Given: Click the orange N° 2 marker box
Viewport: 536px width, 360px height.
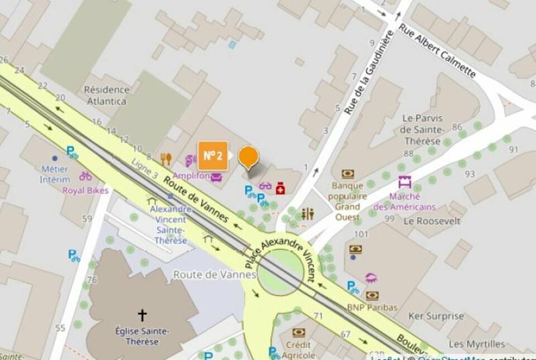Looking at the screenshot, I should [212, 156].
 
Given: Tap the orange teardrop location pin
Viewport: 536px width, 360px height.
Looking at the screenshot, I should [249, 158].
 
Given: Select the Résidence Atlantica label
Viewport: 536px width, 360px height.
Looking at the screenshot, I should [107, 95].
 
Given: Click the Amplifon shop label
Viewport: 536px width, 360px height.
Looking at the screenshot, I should [191, 175].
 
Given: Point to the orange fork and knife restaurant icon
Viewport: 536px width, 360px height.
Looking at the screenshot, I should [166, 159].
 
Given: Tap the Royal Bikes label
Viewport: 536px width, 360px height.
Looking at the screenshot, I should [86, 190].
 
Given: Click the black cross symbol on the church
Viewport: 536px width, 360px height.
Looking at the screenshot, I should [142, 314].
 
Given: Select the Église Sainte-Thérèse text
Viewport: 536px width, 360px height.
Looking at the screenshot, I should [141, 336].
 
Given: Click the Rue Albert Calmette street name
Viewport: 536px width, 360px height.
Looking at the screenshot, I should [437, 51].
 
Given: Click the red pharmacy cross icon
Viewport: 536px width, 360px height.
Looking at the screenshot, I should [280, 188].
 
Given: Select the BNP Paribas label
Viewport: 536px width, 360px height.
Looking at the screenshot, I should [372, 307].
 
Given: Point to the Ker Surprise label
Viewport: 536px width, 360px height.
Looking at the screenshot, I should [436, 316].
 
